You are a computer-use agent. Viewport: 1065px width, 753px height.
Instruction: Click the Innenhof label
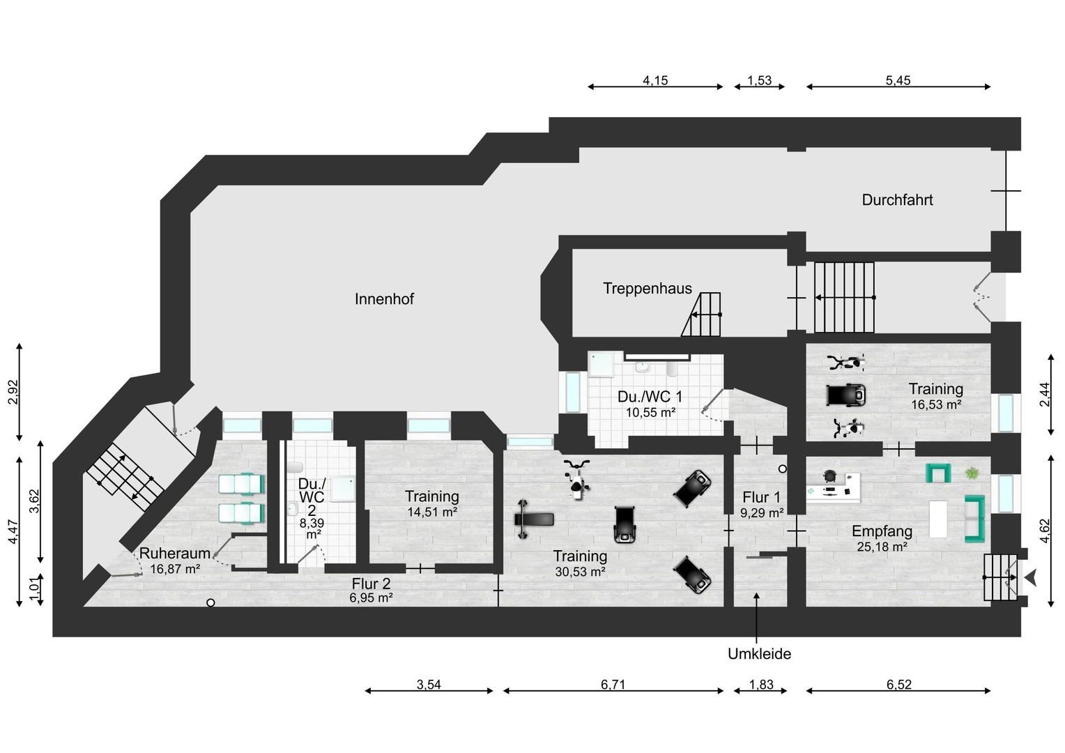pyautogui.click(x=384, y=299)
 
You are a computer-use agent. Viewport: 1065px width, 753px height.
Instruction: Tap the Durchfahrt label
pyautogui.click(x=897, y=200)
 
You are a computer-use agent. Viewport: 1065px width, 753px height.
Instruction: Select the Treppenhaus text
pyautogui.click(x=648, y=289)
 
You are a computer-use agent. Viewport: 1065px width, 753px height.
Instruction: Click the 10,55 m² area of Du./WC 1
pyautogui.click(x=650, y=412)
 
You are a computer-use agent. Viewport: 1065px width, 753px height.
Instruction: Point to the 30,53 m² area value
pyautogui.click(x=580, y=572)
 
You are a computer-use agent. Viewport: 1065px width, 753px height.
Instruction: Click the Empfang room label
pyautogui.click(x=882, y=531)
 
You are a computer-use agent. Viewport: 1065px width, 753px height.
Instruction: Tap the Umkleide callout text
pyautogui.click(x=759, y=654)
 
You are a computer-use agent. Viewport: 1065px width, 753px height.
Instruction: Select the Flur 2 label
pyautogui.click(x=371, y=584)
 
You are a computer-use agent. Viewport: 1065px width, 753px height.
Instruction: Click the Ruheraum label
pyautogui.click(x=175, y=553)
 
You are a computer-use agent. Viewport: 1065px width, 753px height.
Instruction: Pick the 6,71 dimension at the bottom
pyautogui.click(x=613, y=685)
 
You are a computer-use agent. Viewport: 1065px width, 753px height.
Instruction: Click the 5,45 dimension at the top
pyautogui.click(x=898, y=80)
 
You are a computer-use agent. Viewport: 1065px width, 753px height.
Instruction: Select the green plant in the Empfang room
pyautogui.click(x=972, y=474)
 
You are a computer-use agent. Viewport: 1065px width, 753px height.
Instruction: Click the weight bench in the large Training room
pyautogui.click(x=534, y=519)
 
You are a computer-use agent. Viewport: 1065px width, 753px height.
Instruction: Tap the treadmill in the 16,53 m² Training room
pyautogui.click(x=846, y=395)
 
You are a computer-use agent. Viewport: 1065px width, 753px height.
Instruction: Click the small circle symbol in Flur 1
pyautogui.click(x=783, y=469)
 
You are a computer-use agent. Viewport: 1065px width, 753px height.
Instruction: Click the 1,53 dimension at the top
pyautogui.click(x=759, y=80)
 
